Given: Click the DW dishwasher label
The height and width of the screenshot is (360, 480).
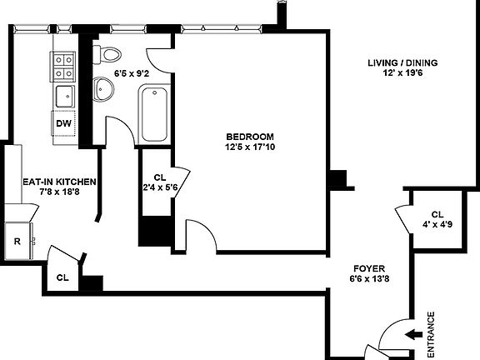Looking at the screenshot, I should point(63,124).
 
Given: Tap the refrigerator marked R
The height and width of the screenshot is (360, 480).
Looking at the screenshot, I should point(17,242).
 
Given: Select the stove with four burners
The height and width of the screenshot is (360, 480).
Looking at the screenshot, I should point(64,66).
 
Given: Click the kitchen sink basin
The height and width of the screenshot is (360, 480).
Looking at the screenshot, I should point(62,97).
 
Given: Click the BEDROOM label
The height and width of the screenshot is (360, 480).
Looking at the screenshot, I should point(249,137).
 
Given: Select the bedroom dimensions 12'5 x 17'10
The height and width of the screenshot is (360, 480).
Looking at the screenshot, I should point(249,148).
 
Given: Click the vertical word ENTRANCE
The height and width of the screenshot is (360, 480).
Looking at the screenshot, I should point(431,334).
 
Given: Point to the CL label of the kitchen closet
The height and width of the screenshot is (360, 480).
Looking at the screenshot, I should point(62,277).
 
